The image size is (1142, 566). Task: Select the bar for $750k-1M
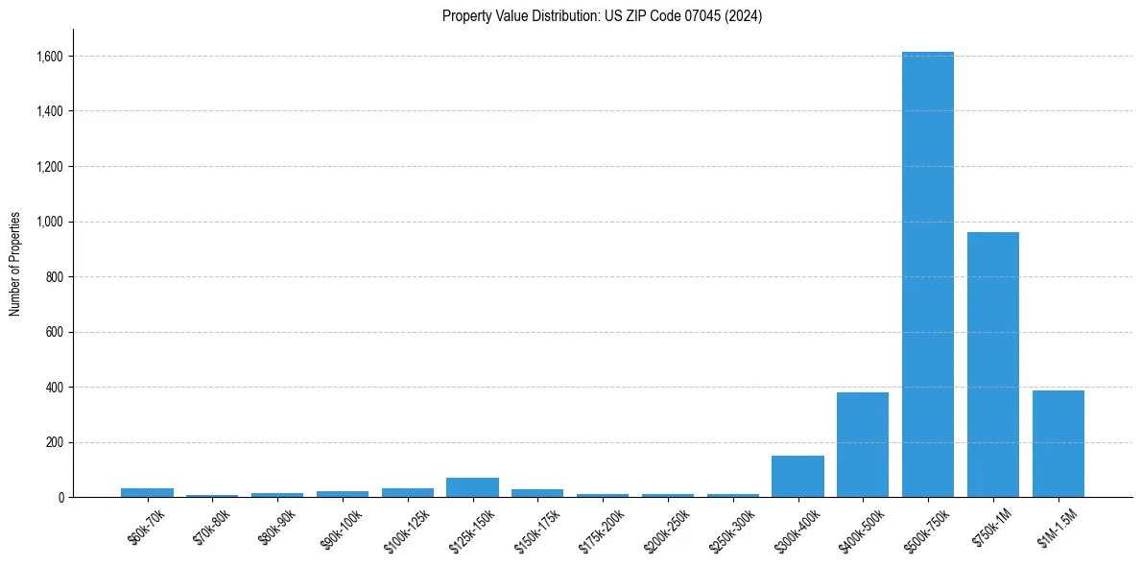click(x=993, y=365)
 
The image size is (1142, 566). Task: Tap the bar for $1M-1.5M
click(x=1059, y=444)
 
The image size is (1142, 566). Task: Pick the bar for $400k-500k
click(x=863, y=445)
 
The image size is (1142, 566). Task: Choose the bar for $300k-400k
click(x=797, y=477)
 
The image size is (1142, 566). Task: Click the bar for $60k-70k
click(x=147, y=492)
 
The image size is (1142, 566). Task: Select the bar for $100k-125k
click(x=407, y=492)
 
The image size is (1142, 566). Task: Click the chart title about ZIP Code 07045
click(x=602, y=15)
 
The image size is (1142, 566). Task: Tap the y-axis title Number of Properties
click(x=15, y=263)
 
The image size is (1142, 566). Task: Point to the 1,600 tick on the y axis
click(x=50, y=57)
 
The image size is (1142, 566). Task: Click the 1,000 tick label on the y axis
click(x=50, y=222)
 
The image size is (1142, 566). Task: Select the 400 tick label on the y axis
click(x=55, y=388)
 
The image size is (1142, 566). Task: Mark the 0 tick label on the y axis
click(x=60, y=498)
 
